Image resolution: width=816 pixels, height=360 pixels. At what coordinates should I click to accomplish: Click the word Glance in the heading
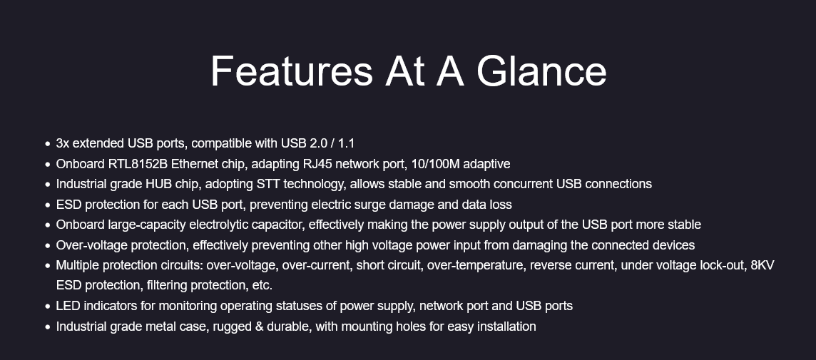point(541,71)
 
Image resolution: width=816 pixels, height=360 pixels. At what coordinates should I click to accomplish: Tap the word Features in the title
point(292,71)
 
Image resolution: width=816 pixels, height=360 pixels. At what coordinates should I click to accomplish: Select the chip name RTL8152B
point(138,164)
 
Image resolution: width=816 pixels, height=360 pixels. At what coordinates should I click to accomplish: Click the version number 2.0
point(317,143)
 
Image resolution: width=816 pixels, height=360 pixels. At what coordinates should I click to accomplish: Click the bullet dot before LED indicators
point(47,307)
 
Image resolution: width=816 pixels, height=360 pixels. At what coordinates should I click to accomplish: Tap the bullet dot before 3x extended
point(47,144)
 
